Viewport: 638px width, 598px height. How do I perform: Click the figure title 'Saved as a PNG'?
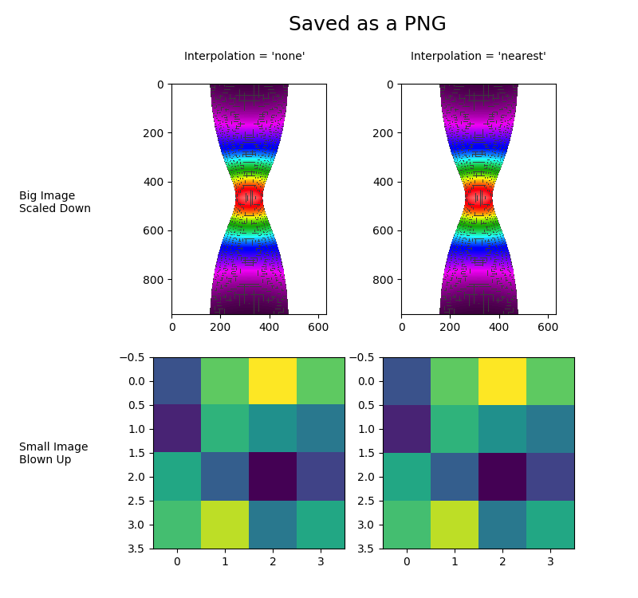point(367,24)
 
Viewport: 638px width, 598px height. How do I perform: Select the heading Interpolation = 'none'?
point(244,57)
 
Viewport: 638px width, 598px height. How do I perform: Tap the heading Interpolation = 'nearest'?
point(478,57)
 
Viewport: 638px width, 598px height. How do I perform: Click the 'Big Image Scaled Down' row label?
point(54,202)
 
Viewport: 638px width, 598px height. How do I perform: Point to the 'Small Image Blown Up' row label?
point(53,453)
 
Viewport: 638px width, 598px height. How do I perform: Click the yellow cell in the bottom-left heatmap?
point(273,381)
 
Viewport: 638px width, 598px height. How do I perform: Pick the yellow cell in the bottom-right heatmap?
point(502,381)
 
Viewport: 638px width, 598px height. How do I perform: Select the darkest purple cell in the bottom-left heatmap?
point(273,477)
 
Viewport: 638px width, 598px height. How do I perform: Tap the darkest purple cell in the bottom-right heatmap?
point(502,477)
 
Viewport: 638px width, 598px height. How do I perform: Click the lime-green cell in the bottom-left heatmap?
point(225,525)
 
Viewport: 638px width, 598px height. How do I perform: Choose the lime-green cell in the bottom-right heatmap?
point(455,525)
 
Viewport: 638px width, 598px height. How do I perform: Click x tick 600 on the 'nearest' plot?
point(548,326)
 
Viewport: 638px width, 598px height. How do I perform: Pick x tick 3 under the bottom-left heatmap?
point(321,561)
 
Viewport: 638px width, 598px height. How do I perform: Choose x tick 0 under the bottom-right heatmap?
point(407,561)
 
